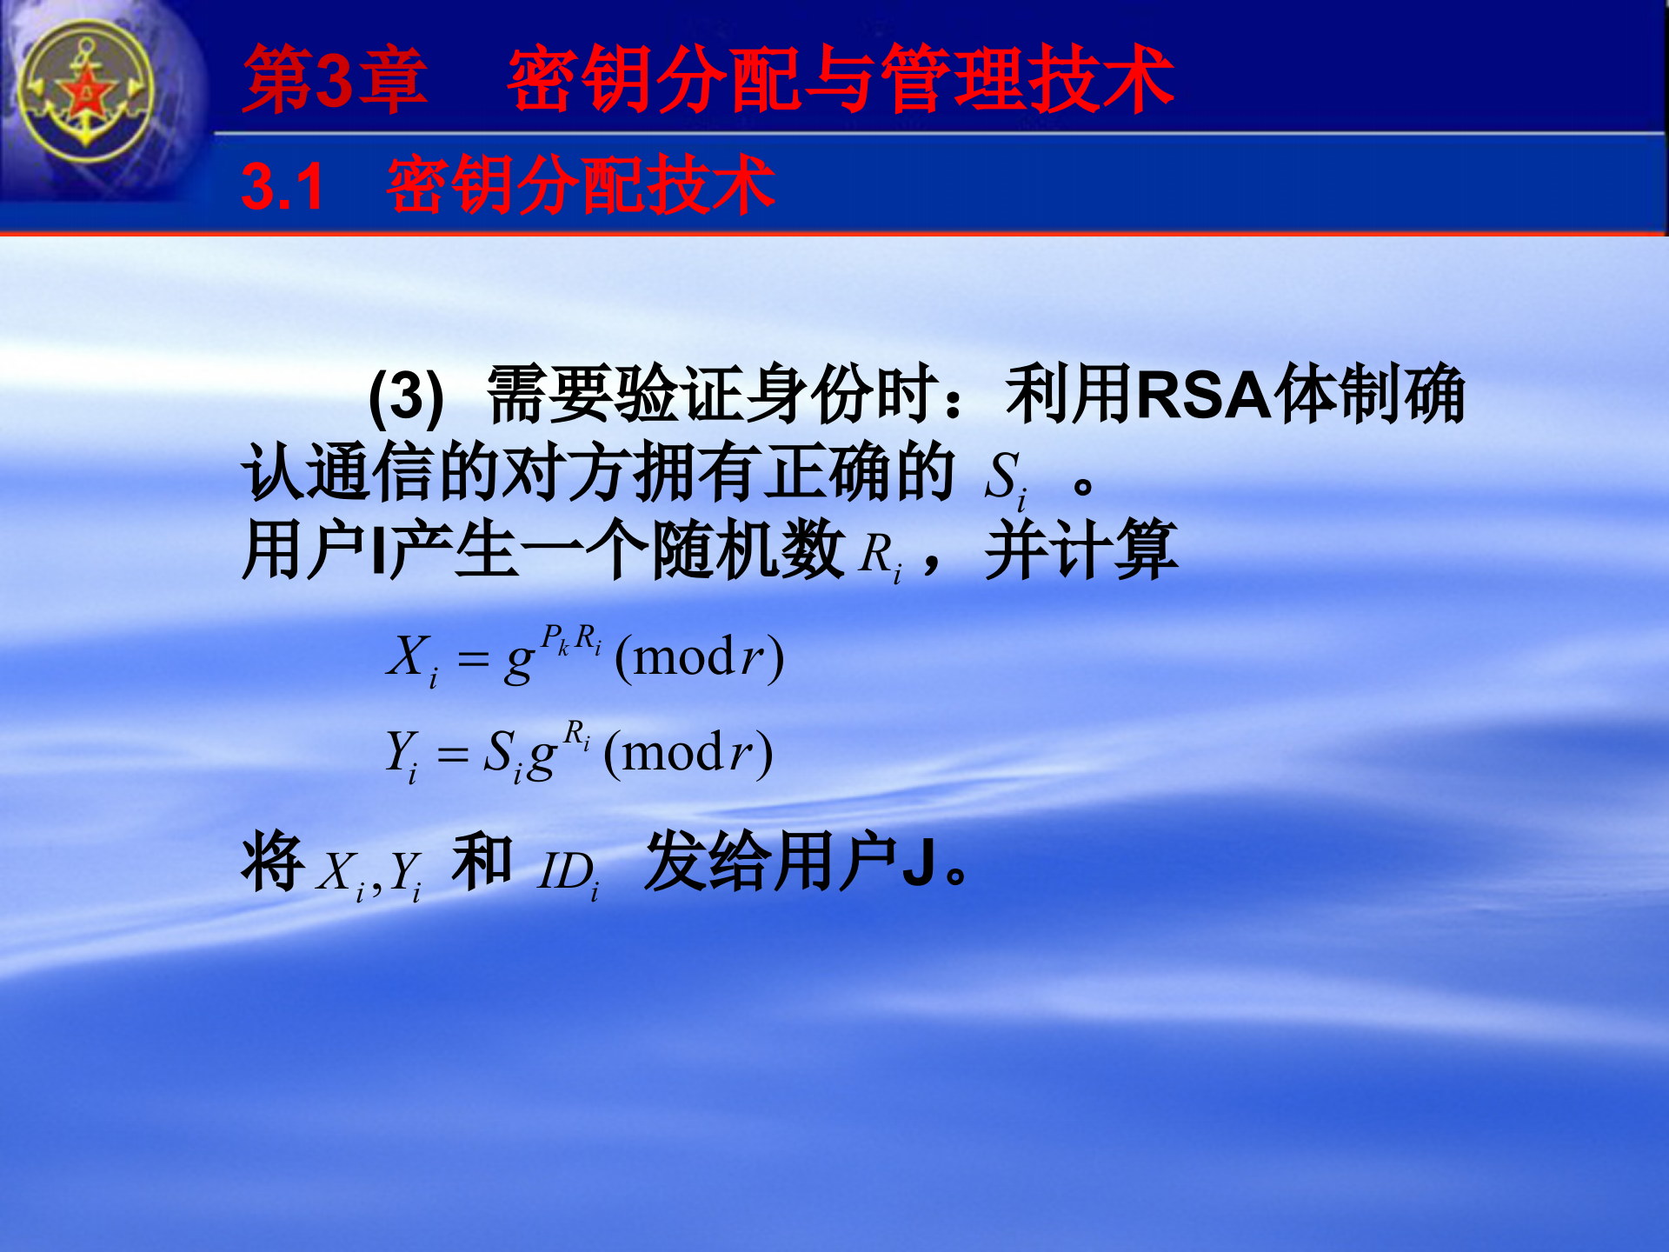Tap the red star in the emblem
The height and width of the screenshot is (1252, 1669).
[86, 92]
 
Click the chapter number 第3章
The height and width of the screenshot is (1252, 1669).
[335, 80]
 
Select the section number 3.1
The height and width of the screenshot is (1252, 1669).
[283, 187]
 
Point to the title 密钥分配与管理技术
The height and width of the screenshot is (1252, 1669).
[840, 80]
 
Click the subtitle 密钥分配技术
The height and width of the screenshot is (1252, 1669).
[580, 185]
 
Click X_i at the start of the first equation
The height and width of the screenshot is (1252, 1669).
[411, 659]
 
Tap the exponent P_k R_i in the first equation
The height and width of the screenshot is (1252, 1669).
[570, 640]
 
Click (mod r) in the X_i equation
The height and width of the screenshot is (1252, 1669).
[699, 657]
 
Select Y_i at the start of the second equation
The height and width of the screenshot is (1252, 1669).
[401, 755]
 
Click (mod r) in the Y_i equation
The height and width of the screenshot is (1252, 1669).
[688, 753]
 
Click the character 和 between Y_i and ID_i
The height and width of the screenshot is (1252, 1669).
[481, 862]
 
